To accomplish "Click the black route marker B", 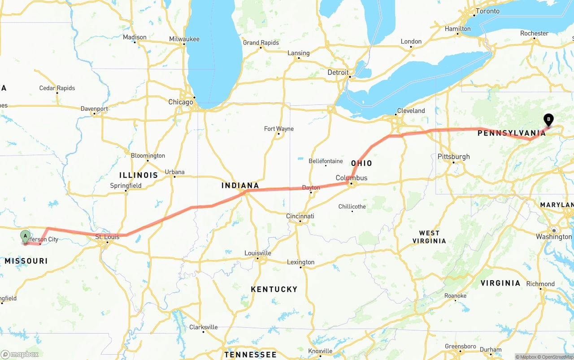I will pyautogui.click(x=548, y=119).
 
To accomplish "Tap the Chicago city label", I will pyautogui.click(x=181, y=102).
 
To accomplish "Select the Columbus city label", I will pyautogui.click(x=352, y=178).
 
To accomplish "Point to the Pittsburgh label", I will pyautogui.click(x=454, y=156).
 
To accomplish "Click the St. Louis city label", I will pyautogui.click(x=108, y=236).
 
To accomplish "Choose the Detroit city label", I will pyautogui.click(x=338, y=72).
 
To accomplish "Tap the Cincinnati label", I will pyautogui.click(x=300, y=216).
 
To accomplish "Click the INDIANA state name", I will pyautogui.click(x=240, y=185).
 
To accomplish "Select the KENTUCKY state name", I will pyautogui.click(x=274, y=289).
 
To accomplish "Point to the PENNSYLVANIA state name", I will pyautogui.click(x=512, y=133).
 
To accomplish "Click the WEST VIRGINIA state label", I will pyautogui.click(x=429, y=237).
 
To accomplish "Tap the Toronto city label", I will pyautogui.click(x=487, y=11).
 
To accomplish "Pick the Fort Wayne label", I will pyautogui.click(x=279, y=129).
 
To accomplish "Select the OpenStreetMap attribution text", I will pyautogui.click(x=557, y=357).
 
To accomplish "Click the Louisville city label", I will pyautogui.click(x=257, y=253).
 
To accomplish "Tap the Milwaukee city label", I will pyautogui.click(x=184, y=39).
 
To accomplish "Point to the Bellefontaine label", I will pyautogui.click(x=326, y=161).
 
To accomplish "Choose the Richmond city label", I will pyautogui.click(x=540, y=284).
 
